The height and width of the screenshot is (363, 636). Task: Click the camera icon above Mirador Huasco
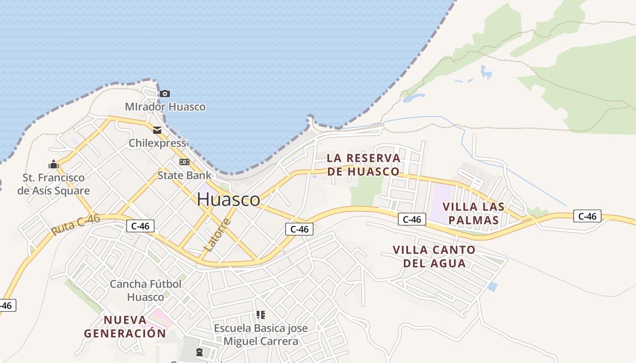(164, 94)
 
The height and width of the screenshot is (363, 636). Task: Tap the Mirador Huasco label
(165, 107)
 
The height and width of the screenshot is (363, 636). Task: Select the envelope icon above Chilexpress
(157, 130)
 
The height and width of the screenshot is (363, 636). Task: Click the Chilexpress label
(157, 143)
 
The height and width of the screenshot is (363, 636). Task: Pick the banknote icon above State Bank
(184, 162)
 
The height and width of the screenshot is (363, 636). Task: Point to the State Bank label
(184, 175)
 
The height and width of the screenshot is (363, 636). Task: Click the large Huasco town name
(229, 199)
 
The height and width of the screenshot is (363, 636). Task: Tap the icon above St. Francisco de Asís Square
(54, 164)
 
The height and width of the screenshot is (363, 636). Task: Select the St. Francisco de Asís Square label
(54, 184)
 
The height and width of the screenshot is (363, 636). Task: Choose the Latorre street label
(218, 235)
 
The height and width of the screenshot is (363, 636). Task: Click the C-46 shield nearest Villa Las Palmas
(412, 220)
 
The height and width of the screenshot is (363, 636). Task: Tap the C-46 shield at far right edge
(587, 216)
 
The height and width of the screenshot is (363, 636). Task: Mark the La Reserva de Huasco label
(363, 165)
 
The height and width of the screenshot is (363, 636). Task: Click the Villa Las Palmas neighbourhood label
(473, 213)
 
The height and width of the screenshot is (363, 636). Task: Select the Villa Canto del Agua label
(434, 256)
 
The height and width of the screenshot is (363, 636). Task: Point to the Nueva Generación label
(125, 326)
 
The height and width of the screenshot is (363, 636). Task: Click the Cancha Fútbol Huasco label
(145, 290)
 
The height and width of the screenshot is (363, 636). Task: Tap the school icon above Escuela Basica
(260, 314)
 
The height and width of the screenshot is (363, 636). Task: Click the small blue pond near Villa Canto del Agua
(492, 287)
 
